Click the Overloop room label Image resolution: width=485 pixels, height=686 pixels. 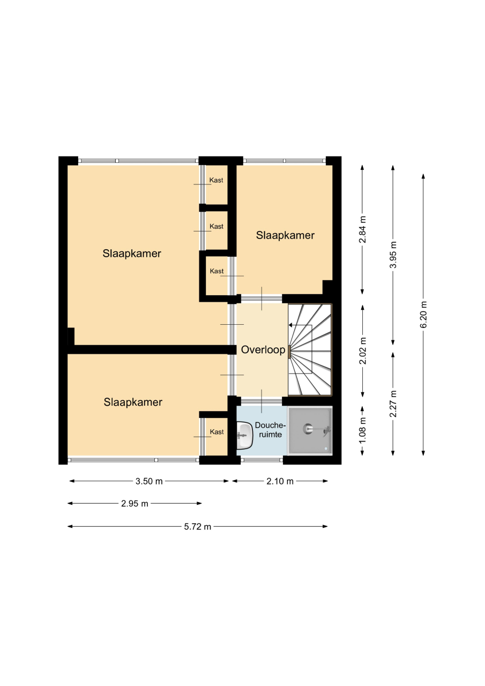click(263, 350)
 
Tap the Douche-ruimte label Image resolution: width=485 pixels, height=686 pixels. click(270, 430)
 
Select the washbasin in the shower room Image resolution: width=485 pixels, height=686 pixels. click(244, 435)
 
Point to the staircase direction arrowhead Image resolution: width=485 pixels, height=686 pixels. click(291, 325)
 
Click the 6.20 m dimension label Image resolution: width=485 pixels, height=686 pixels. click(423, 315)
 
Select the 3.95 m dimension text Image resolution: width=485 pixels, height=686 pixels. click(393, 255)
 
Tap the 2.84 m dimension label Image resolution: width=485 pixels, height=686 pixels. click(362, 229)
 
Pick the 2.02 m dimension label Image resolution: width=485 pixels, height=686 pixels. click(362, 351)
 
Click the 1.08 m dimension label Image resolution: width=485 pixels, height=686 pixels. click(362, 430)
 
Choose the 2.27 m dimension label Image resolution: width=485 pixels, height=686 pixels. click(393, 404)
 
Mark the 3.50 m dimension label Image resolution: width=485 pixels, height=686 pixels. click(149, 481)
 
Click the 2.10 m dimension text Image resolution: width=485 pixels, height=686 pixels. click(280, 481)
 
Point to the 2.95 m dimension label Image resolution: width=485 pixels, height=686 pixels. click(135, 503)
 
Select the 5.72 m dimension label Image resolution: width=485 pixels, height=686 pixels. click(198, 526)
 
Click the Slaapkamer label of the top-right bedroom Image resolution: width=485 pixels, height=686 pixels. click(285, 235)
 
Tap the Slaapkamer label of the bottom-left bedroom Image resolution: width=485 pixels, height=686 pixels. click(133, 402)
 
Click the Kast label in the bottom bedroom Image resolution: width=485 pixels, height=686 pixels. click(217, 432)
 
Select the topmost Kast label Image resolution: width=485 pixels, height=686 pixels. click(216, 180)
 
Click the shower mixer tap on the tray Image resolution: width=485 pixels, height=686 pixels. click(326, 429)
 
